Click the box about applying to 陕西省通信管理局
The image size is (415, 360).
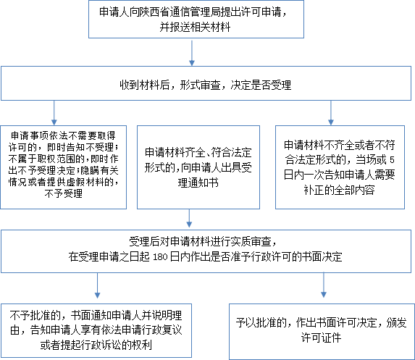[x=196, y=20]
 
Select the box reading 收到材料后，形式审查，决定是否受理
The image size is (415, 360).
[x=206, y=83]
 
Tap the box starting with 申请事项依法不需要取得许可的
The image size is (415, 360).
[x=64, y=167]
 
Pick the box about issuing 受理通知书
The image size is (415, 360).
[x=198, y=167]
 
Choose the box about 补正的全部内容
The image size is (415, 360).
[x=340, y=167]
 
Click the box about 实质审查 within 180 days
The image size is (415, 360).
[x=206, y=251]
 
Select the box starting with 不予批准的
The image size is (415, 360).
[x=96, y=330]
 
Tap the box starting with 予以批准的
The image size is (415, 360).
[x=322, y=332]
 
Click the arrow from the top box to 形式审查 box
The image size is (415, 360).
[x=192, y=52]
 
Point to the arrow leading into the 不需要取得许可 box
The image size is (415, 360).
[x=54, y=113]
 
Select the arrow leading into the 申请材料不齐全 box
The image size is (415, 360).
[x=330, y=113]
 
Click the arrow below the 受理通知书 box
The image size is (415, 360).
[x=189, y=218]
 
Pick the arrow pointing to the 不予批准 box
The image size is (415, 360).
[x=97, y=285]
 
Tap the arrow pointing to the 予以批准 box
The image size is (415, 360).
[x=324, y=285]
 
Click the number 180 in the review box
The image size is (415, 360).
[x=160, y=257]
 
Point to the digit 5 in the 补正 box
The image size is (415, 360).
[x=392, y=159]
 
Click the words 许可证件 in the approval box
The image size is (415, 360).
[x=321, y=338]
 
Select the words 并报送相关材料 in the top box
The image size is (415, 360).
[x=195, y=27]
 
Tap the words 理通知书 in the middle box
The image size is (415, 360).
[x=198, y=183]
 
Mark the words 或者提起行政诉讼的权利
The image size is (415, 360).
[x=96, y=345]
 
